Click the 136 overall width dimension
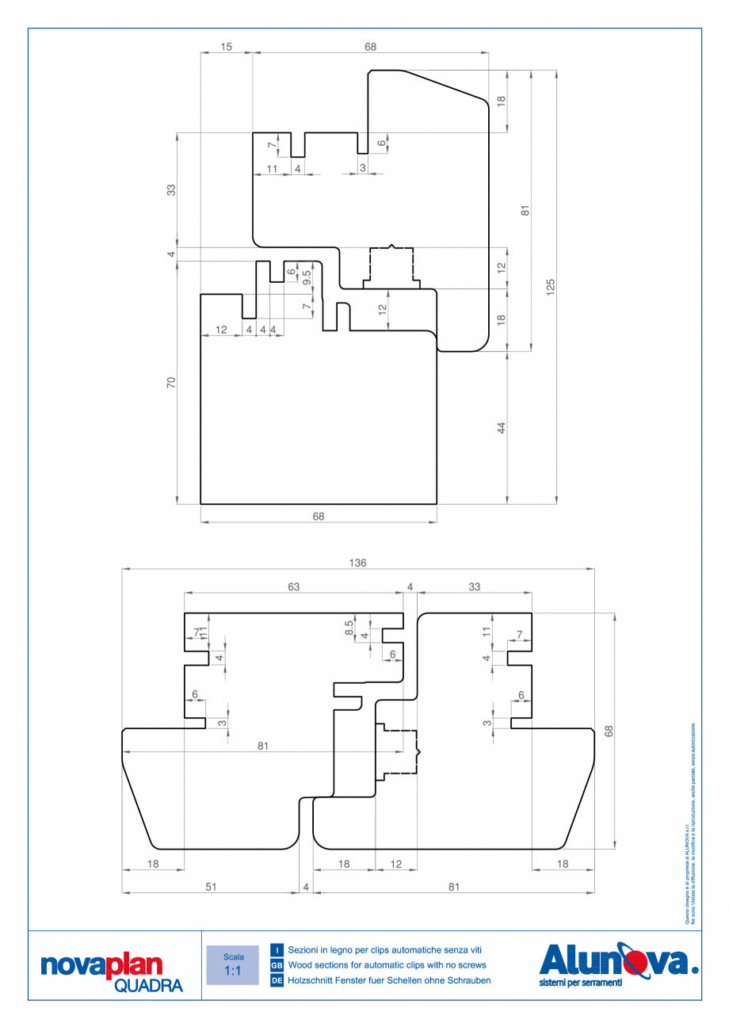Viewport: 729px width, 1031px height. point(357,563)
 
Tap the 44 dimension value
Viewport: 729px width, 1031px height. point(501,428)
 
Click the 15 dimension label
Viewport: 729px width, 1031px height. point(226,48)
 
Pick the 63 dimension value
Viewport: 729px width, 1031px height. point(294,586)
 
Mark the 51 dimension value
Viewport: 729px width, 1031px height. point(211,888)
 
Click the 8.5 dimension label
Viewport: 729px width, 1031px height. point(349,627)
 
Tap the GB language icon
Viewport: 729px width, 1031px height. point(277,965)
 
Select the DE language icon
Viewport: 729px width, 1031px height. point(277,980)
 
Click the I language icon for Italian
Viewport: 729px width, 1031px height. point(277,949)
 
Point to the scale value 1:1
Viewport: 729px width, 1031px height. point(232,971)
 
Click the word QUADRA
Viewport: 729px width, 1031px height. point(148,986)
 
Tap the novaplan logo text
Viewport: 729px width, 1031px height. point(101,965)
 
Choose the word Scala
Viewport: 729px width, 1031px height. point(233,957)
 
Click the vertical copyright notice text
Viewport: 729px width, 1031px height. point(689,824)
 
